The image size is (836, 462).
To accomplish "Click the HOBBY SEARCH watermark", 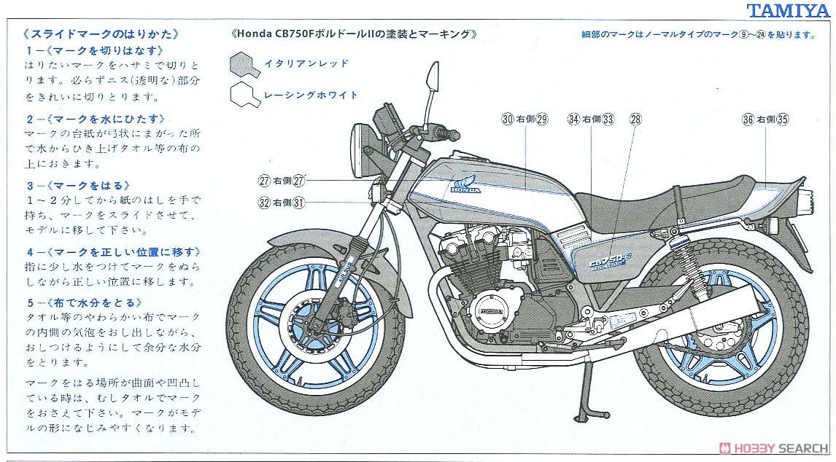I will tap(773, 447).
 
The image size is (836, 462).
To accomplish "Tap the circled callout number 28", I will tap(635, 120).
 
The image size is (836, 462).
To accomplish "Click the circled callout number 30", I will tap(508, 120).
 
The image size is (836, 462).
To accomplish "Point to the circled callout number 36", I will tap(748, 120).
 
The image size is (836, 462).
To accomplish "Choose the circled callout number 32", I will tap(265, 203).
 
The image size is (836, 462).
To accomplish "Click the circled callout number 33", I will tap(608, 120).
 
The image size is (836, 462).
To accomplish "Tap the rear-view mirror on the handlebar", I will tap(433, 75).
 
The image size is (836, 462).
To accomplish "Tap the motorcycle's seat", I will tap(657, 193).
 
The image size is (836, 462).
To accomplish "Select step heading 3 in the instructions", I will tap(78, 185).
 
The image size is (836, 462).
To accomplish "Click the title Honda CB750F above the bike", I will tap(354, 34).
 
